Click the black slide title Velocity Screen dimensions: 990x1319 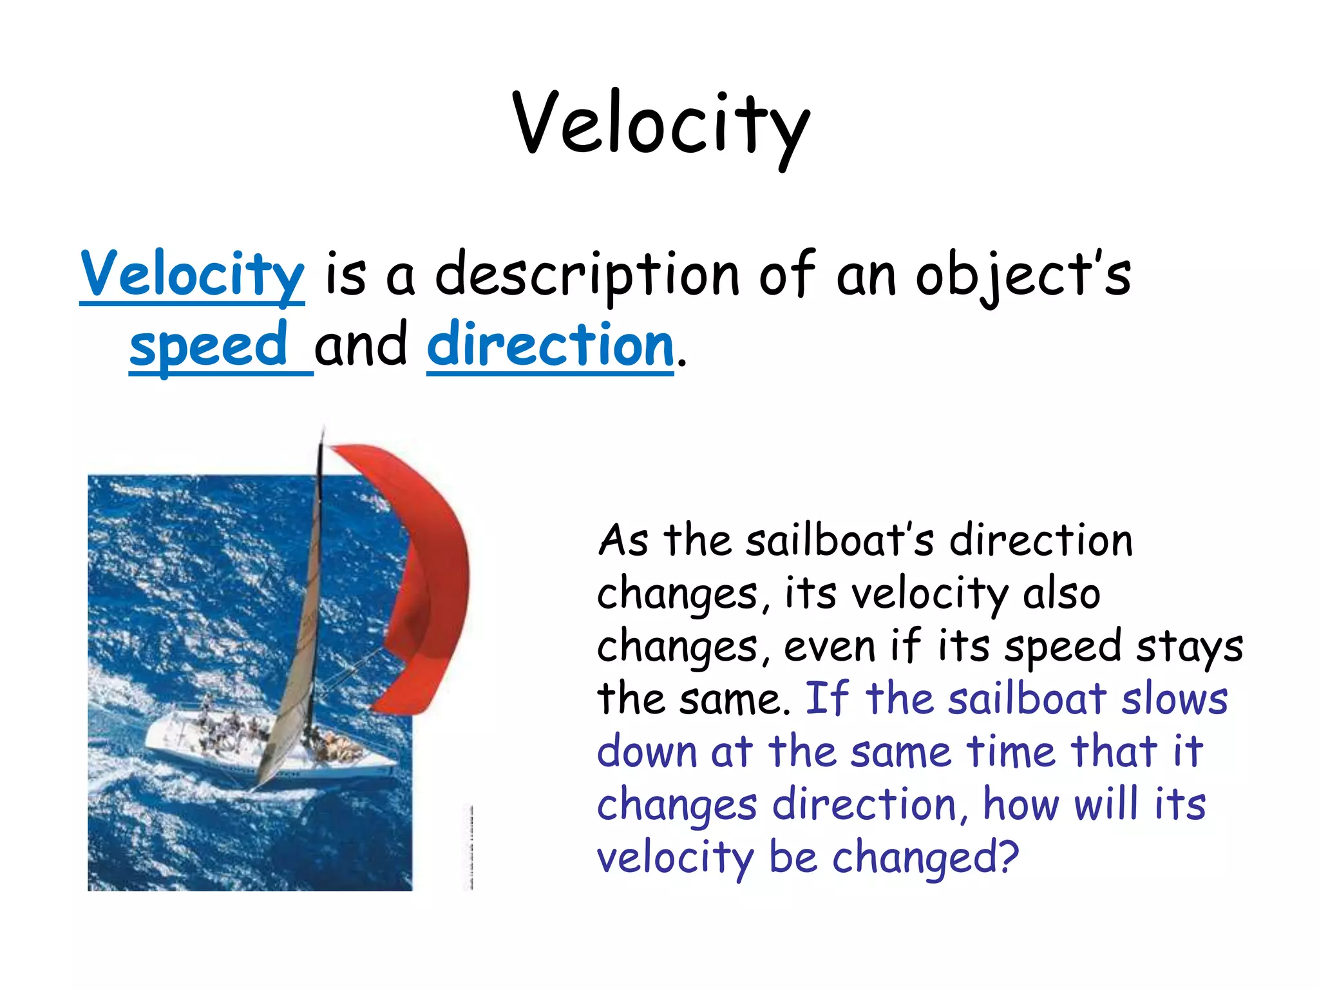(x=661, y=124)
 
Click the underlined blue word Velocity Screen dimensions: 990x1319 (x=192, y=274)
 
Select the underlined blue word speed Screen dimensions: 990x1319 (x=209, y=344)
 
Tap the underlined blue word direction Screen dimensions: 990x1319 (x=550, y=344)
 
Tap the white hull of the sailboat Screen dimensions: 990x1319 (x=193, y=748)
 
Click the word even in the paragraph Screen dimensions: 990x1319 (x=830, y=646)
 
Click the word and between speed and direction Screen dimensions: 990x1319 (x=361, y=344)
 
